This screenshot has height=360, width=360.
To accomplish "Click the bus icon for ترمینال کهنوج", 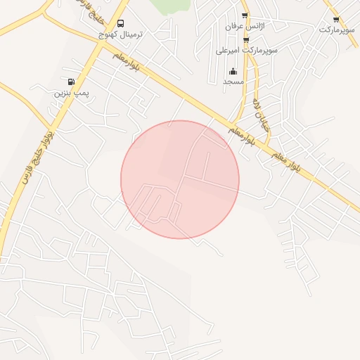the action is [x=120, y=24].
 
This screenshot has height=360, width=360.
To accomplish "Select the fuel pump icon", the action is [x=71, y=82].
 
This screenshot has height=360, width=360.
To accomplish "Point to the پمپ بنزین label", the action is [x=71, y=92].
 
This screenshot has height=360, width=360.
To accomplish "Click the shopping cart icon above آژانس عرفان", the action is [x=245, y=15].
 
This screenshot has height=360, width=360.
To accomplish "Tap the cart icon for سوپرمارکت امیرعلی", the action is [x=245, y=41].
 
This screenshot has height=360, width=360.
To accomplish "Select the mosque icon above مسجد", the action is [x=233, y=71].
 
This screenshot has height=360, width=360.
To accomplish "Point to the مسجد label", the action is [x=233, y=82].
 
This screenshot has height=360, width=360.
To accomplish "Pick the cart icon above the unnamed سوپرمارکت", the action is [x=336, y=20].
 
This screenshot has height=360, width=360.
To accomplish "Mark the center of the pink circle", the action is [x=180, y=180].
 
